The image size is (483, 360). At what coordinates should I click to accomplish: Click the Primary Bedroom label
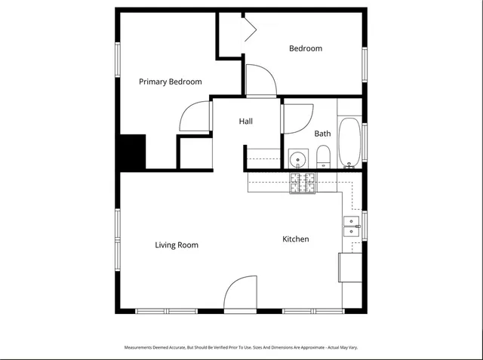tap(170, 82)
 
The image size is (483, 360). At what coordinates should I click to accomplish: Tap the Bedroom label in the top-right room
tap(306, 48)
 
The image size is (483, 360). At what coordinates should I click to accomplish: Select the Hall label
tap(246, 121)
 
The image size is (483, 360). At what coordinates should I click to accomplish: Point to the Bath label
tap(322, 134)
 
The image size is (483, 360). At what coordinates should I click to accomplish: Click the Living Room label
tap(177, 245)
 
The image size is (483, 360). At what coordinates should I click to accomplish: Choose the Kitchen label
tap(295, 239)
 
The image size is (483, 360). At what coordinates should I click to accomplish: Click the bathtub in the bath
tap(349, 143)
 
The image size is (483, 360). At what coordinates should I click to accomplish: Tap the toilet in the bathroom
tap(323, 157)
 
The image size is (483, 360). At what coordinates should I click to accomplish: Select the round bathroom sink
tap(298, 159)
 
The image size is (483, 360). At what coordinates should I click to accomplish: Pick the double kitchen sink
tap(352, 226)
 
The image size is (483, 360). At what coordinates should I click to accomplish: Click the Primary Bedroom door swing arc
tap(194, 116)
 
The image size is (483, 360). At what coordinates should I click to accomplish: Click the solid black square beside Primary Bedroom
tap(132, 151)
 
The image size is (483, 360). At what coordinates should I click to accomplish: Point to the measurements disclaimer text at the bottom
tap(241, 348)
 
